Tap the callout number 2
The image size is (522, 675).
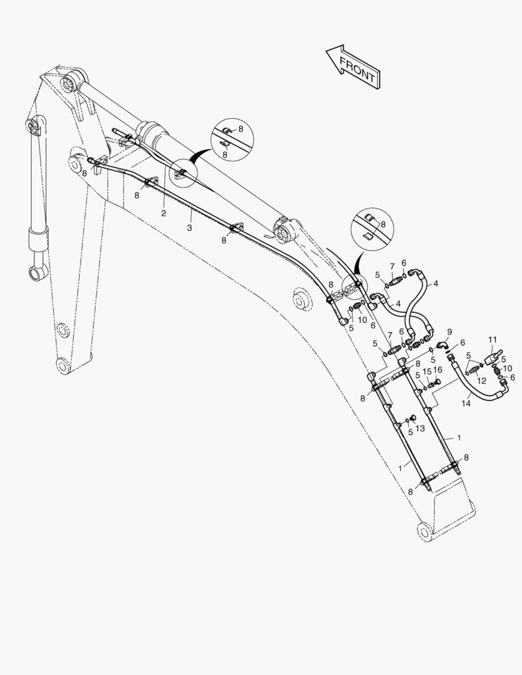tap(164, 213)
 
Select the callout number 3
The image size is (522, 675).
tap(189, 227)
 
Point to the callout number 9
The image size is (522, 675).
tap(449, 331)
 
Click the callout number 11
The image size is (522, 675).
tap(493, 339)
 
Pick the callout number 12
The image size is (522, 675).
tap(481, 381)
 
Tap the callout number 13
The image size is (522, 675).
tap(420, 428)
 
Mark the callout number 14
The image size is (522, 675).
tap(466, 403)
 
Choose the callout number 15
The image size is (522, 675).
tap(427, 371)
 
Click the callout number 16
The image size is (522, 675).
tap(437, 370)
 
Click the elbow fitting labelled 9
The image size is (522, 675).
tap(443, 345)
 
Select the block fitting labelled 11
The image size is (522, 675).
tap(494, 357)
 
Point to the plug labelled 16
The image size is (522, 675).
tap(438, 381)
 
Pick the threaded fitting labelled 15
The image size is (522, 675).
tap(431, 384)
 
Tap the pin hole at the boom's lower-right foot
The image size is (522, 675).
tap(424, 530)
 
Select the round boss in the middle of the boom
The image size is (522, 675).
tap(301, 298)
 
